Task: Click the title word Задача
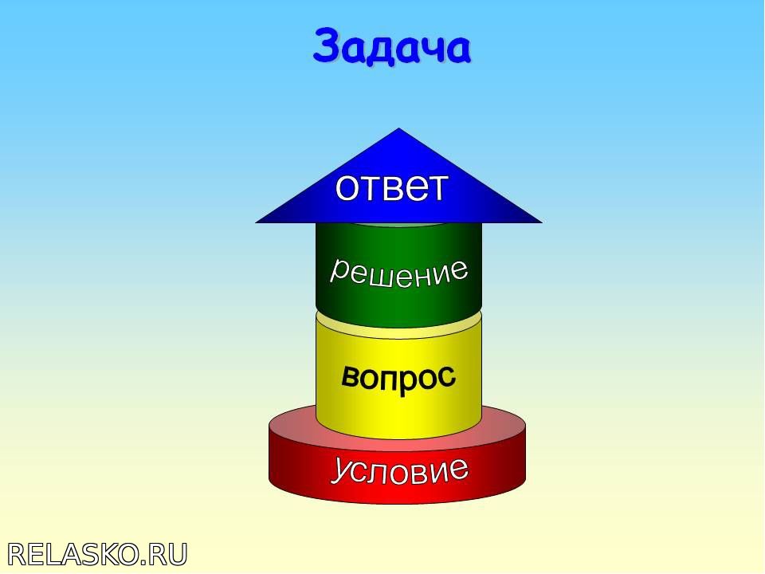pyautogui.click(x=392, y=46)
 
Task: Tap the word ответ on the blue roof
pyautogui.click(x=391, y=187)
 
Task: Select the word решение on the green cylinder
pyautogui.click(x=398, y=273)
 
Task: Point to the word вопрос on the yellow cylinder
pyautogui.click(x=398, y=377)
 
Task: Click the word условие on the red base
pyautogui.click(x=399, y=470)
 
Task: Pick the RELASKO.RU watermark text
pyautogui.click(x=97, y=555)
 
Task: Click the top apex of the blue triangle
pyautogui.click(x=398, y=128)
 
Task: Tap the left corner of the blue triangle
pyautogui.click(x=256, y=222)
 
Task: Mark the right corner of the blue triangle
pyautogui.click(x=542, y=222)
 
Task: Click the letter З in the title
pyautogui.click(x=327, y=45)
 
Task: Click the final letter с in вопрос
pyautogui.click(x=446, y=377)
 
